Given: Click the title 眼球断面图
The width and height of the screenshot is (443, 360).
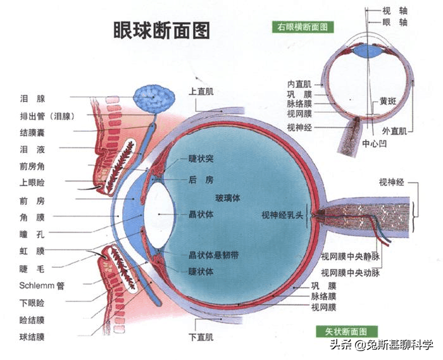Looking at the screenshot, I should pyautogui.click(x=161, y=30).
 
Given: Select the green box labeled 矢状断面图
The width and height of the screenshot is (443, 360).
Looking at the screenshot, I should pyautogui.click(x=346, y=331).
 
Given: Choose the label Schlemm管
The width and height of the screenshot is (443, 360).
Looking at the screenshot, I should pyautogui.click(x=42, y=285).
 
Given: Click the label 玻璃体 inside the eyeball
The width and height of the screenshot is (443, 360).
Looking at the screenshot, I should pyautogui.click(x=228, y=197).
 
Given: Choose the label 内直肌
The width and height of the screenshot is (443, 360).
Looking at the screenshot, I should pyautogui.click(x=299, y=84).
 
